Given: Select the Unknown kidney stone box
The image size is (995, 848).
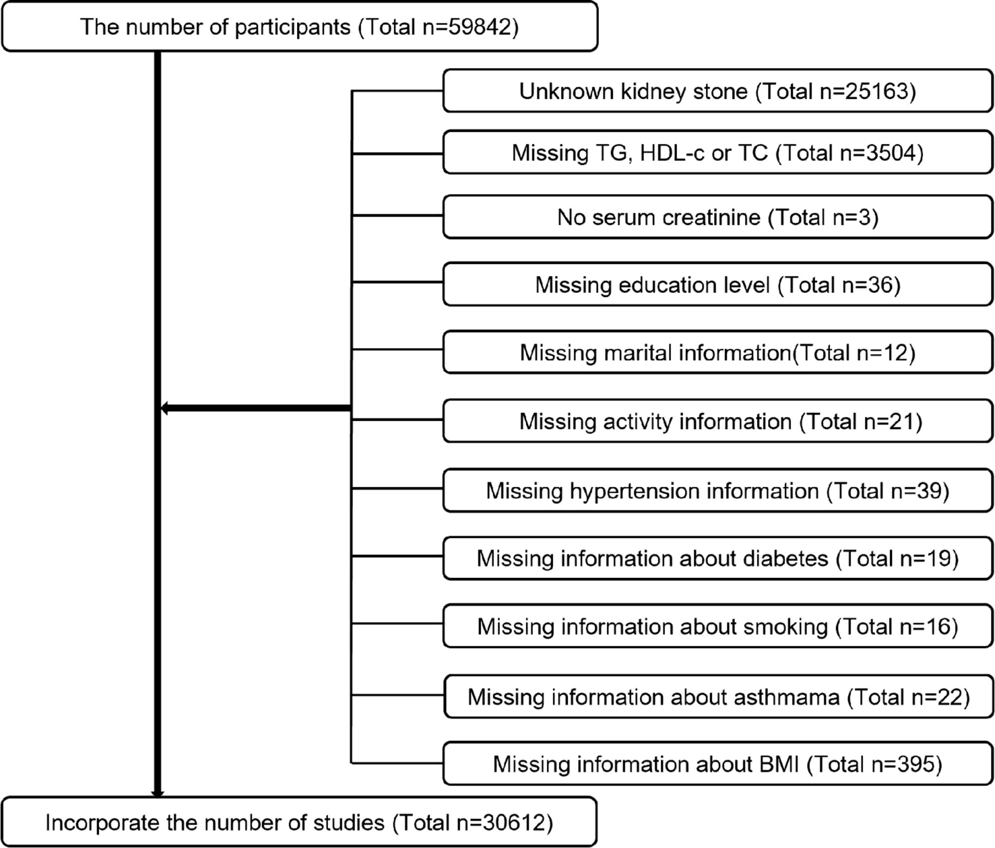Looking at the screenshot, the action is pyautogui.click(x=717, y=91).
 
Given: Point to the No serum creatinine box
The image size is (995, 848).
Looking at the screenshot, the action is pyautogui.click(x=717, y=217).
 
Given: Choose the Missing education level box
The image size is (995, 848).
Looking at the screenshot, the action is pyautogui.click(x=717, y=284).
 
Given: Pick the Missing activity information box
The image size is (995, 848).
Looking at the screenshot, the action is pyautogui.click(x=717, y=421).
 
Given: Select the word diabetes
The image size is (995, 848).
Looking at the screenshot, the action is pyautogui.click(x=786, y=558).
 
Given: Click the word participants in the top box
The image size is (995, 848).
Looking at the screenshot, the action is pyautogui.click(x=292, y=28).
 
